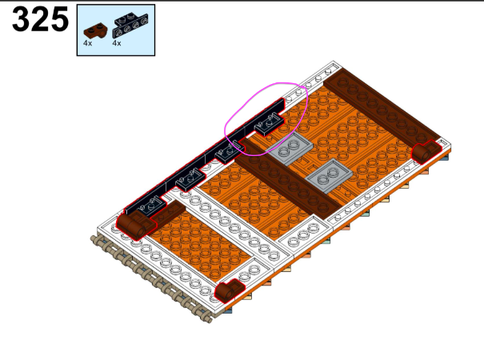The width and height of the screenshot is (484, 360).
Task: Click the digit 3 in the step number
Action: [21, 19]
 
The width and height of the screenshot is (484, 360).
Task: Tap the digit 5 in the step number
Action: [59, 19]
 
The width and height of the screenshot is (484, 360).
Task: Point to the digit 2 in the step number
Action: [40, 19]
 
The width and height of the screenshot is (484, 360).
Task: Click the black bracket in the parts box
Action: [130, 25]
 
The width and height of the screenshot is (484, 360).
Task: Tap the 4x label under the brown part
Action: [88, 43]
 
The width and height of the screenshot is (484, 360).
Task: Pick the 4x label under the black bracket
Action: [117, 43]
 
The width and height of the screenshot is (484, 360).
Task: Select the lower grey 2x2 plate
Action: [329, 176]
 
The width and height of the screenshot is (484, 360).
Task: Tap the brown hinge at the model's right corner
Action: [426, 151]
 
